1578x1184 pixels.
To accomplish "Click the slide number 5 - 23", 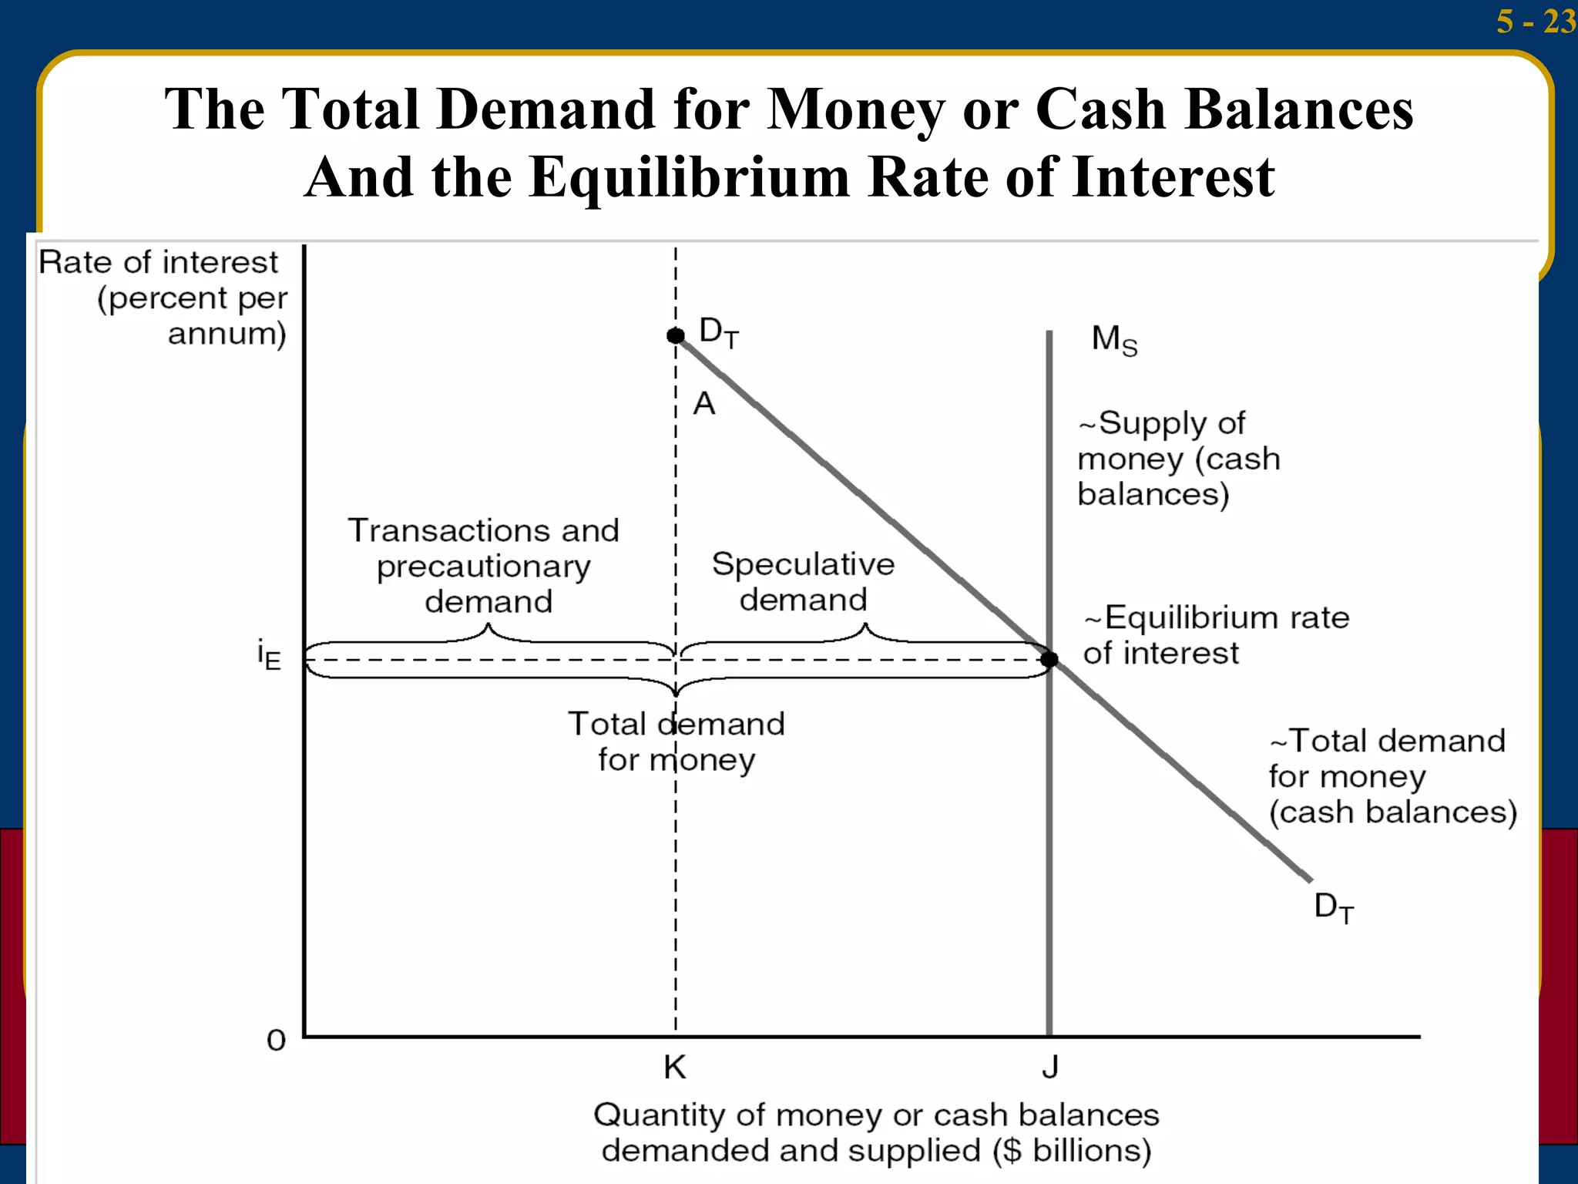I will click(1535, 21).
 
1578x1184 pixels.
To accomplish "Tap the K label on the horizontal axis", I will click(675, 1068).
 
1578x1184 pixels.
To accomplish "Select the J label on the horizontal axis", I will click(1050, 1067).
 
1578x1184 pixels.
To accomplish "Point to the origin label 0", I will click(276, 1041).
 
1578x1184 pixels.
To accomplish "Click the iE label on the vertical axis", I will click(269, 656).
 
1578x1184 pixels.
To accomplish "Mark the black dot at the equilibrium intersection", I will click(1049, 659).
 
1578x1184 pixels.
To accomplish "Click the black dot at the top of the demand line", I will click(676, 335).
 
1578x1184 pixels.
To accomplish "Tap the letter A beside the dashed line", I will click(704, 404).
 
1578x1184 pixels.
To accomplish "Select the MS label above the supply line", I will click(1114, 340).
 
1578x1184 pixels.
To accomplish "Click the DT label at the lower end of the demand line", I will click(1334, 908).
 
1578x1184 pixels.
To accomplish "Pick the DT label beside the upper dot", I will click(719, 332).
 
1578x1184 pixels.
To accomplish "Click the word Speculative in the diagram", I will click(803, 565).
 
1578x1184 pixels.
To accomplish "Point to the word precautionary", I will click(484, 567).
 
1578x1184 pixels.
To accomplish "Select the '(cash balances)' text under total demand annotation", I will click(1393, 812).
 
